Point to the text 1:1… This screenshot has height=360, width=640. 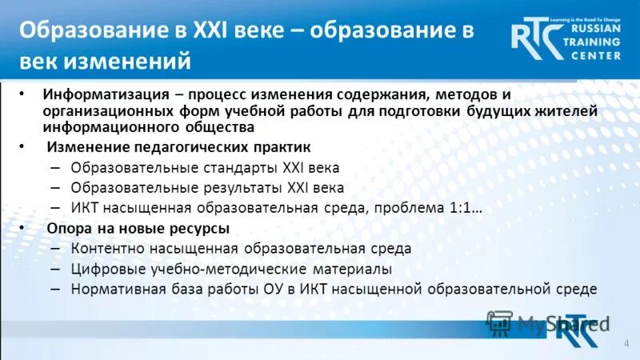point(465,208)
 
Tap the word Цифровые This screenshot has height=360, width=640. point(102,269)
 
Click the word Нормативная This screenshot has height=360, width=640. point(114,289)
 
